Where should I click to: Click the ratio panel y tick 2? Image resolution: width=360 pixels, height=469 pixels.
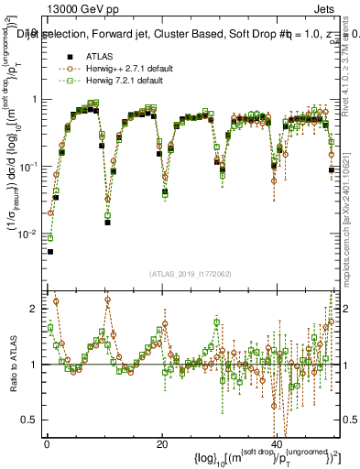[x=35, y=309]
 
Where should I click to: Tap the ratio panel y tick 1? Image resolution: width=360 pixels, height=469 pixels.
[x=35, y=365]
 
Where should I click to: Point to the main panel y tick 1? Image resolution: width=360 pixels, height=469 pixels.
[x=35, y=99]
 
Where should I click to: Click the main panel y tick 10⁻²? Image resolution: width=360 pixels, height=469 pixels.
[x=29, y=234]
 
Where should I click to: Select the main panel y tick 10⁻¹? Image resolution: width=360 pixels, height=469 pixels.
[x=29, y=167]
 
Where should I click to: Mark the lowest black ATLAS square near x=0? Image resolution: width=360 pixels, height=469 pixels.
[x=50, y=251]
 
